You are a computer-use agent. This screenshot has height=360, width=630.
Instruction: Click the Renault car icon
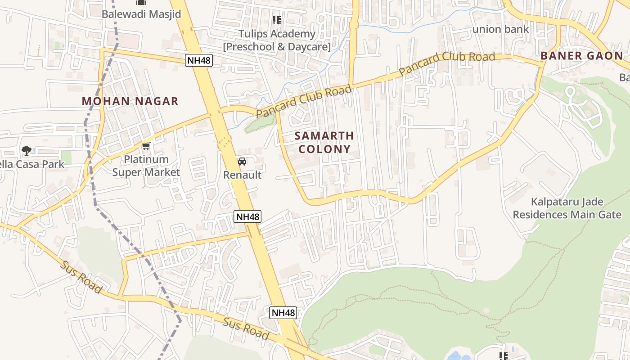click(x=242, y=162)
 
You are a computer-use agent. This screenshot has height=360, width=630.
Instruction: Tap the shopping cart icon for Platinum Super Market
click(x=146, y=146)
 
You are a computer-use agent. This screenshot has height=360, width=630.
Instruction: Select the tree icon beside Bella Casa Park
click(x=27, y=150)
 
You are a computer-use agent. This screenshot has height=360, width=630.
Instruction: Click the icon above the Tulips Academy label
click(x=276, y=20)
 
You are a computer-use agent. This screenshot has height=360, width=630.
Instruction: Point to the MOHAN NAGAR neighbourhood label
click(x=130, y=101)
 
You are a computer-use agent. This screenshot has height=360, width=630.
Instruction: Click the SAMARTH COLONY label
click(x=324, y=142)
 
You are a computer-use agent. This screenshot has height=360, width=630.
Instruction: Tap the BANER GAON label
click(x=581, y=56)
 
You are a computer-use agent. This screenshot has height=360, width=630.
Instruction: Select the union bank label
click(x=500, y=30)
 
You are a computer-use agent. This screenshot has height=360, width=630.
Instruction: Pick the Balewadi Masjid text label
click(x=141, y=14)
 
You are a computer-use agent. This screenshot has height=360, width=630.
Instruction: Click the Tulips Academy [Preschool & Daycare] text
click(x=277, y=40)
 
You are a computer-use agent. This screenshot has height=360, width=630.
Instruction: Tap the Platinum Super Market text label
click(x=146, y=166)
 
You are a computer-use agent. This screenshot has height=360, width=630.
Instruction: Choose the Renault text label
click(x=242, y=175)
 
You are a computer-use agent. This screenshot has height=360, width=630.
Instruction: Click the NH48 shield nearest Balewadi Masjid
click(x=198, y=60)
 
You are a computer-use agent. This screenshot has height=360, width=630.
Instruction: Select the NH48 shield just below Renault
click(x=247, y=216)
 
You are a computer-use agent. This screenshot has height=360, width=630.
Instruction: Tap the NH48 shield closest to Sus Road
click(x=283, y=312)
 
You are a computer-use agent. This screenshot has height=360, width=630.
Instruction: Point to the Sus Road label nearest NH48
click(x=246, y=328)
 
